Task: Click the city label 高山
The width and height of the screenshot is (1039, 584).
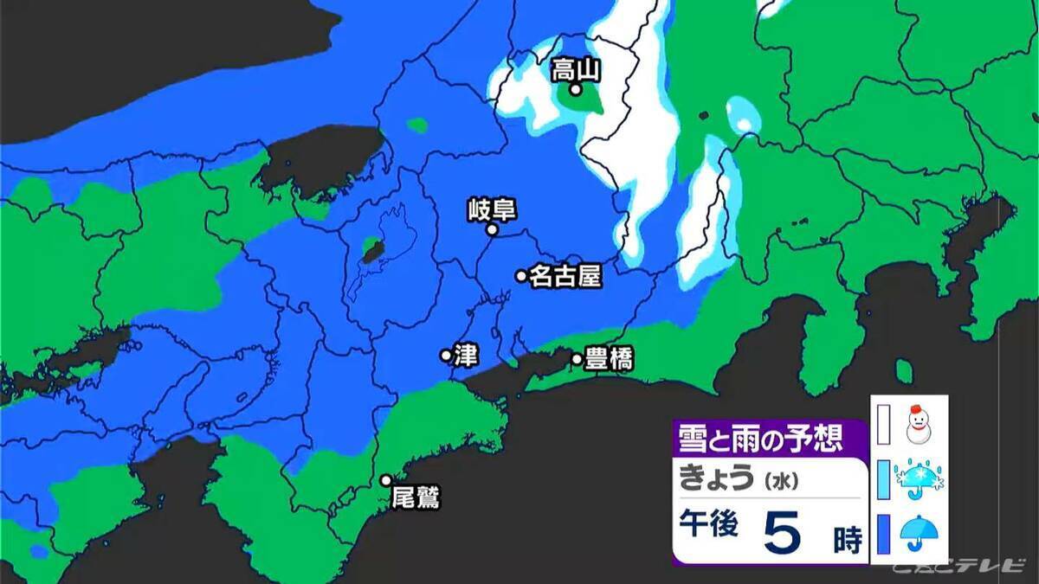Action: (577, 69)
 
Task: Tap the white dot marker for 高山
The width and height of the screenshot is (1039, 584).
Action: (575, 89)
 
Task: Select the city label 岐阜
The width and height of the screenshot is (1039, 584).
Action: (491, 209)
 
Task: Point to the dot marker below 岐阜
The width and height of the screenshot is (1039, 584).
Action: (492, 230)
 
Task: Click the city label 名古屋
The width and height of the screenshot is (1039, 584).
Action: (565, 276)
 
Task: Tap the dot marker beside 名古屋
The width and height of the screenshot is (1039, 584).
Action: (521, 276)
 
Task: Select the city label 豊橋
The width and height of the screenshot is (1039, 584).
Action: (609, 359)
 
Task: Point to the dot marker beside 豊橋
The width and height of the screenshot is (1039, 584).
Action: (577, 358)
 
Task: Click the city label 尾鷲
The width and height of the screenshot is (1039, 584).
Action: (416, 497)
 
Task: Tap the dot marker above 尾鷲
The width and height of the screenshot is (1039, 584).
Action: (386, 480)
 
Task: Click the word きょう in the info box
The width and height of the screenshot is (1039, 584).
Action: (715, 478)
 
